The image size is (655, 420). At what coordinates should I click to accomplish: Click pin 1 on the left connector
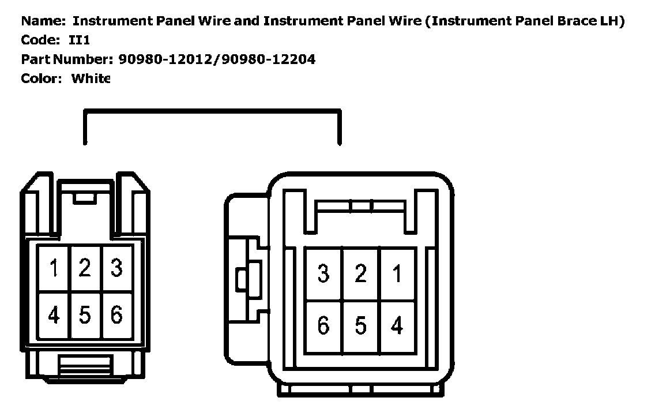coord(54,268)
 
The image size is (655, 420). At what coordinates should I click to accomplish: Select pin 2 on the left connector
coord(85,268)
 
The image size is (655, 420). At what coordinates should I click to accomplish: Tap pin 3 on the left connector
coord(116,268)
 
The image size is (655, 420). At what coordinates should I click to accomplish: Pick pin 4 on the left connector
coord(54,315)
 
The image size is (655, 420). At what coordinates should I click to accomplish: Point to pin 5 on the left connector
coord(85,315)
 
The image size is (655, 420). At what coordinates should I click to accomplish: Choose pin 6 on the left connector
coord(116,315)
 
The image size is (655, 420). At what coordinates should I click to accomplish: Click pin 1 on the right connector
coord(397,274)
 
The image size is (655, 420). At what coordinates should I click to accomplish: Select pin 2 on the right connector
coord(360,274)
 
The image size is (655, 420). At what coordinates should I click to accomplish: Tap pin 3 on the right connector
coord(323,274)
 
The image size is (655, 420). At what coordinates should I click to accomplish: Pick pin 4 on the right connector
coord(397,326)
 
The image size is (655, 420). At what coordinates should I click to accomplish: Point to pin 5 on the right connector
coord(360,326)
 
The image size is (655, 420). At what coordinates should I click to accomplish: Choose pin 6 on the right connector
coord(323,326)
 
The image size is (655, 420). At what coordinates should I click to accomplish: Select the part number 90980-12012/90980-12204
coord(217,59)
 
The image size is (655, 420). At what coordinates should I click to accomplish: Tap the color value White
coord(91,78)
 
